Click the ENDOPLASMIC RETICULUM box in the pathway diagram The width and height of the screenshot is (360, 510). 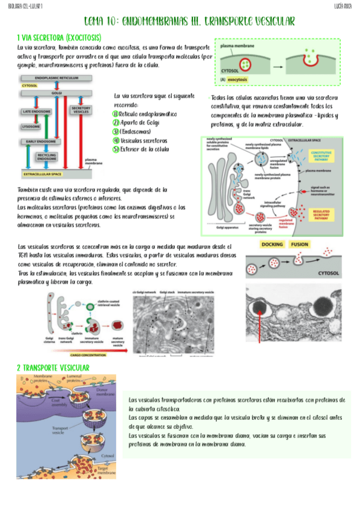coord(56,78)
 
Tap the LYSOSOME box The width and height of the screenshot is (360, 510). coord(31,127)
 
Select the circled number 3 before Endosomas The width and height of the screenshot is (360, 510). coord(117,131)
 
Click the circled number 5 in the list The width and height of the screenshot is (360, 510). coord(117,149)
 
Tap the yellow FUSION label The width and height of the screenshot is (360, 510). coord(300,245)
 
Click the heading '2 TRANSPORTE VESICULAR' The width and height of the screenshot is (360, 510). coord(53,367)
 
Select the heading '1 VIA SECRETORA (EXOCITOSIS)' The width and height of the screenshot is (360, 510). coord(63,37)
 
